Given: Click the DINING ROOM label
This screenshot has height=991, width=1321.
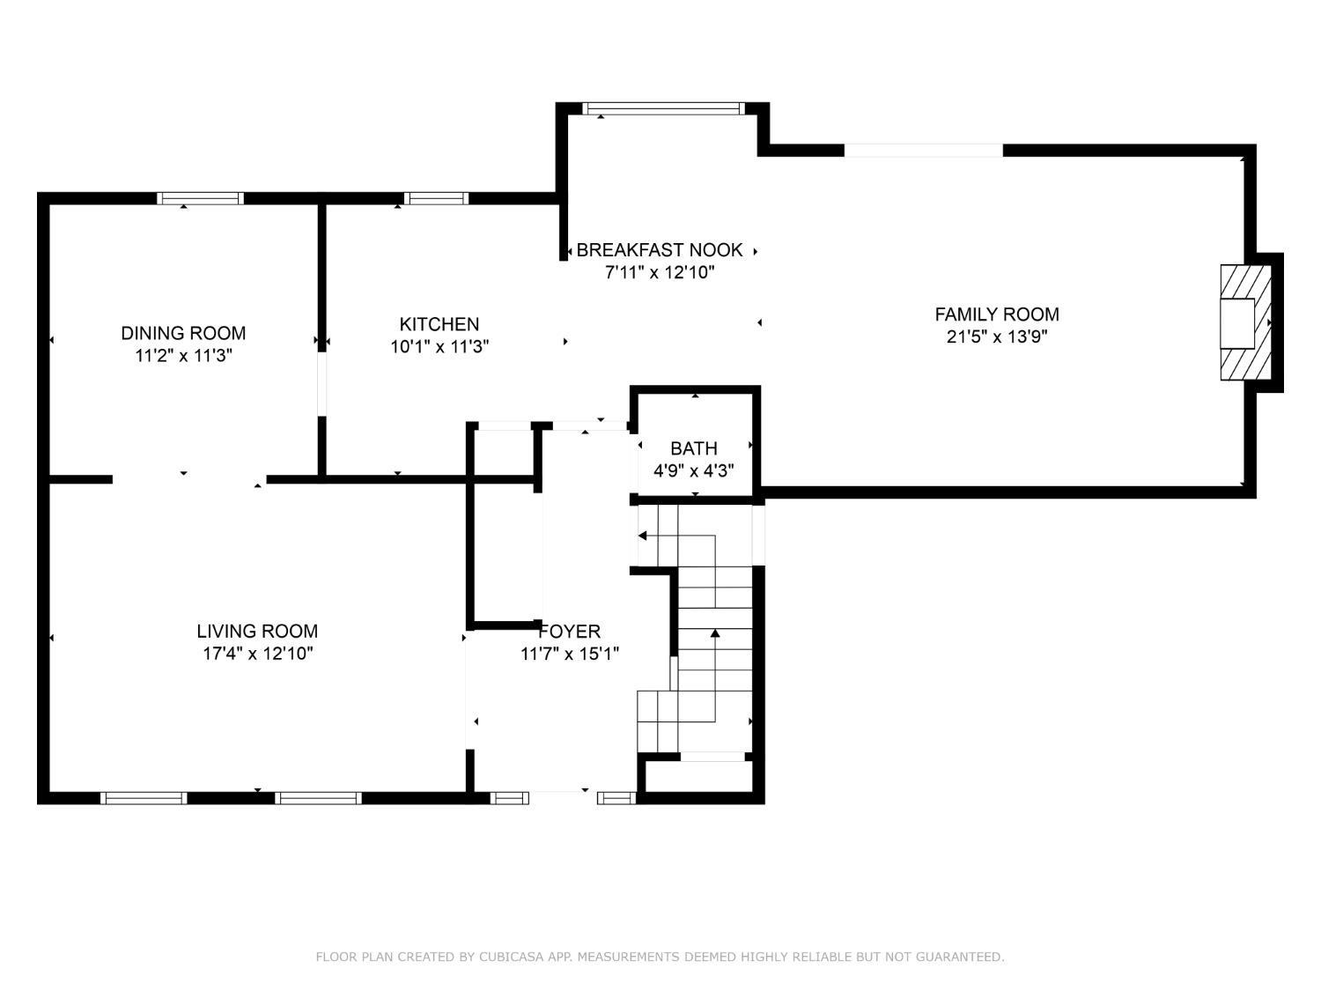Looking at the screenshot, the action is pyautogui.click(x=183, y=333).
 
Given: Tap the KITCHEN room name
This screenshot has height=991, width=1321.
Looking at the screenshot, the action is pyautogui.click(x=439, y=324).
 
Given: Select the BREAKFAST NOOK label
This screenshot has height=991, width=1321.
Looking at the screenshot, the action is pyautogui.click(x=660, y=249).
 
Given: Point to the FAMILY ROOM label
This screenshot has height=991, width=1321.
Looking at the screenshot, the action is pyautogui.click(x=997, y=314).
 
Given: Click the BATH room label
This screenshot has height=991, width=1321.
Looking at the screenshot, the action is pyautogui.click(x=693, y=448).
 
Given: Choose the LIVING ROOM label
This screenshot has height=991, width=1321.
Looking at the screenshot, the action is pyautogui.click(x=257, y=632).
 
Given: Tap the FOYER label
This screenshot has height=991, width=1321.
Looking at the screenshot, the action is pyautogui.click(x=569, y=632).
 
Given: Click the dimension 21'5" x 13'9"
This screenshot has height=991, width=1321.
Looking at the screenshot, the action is pyautogui.click(x=997, y=336).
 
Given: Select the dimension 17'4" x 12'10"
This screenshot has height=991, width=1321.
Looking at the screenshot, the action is pyautogui.click(x=257, y=654).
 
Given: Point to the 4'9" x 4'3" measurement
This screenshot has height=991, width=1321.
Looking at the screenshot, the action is pyautogui.click(x=693, y=470).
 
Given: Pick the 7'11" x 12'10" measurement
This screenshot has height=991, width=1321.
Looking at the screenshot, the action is pyautogui.click(x=660, y=272).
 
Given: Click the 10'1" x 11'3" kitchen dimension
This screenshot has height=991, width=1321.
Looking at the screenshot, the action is pyautogui.click(x=439, y=346).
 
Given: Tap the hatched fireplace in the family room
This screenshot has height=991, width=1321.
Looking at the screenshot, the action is pyautogui.click(x=1245, y=322).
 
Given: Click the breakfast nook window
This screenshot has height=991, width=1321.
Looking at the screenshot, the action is pyautogui.click(x=663, y=108).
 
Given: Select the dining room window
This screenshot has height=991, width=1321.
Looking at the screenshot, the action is pyautogui.click(x=201, y=198).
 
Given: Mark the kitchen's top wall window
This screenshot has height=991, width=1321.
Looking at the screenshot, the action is pyautogui.click(x=436, y=198).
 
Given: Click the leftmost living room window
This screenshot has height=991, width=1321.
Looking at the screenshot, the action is pyautogui.click(x=144, y=798).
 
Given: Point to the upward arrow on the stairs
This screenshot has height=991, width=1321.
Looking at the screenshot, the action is pyautogui.click(x=715, y=675).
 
